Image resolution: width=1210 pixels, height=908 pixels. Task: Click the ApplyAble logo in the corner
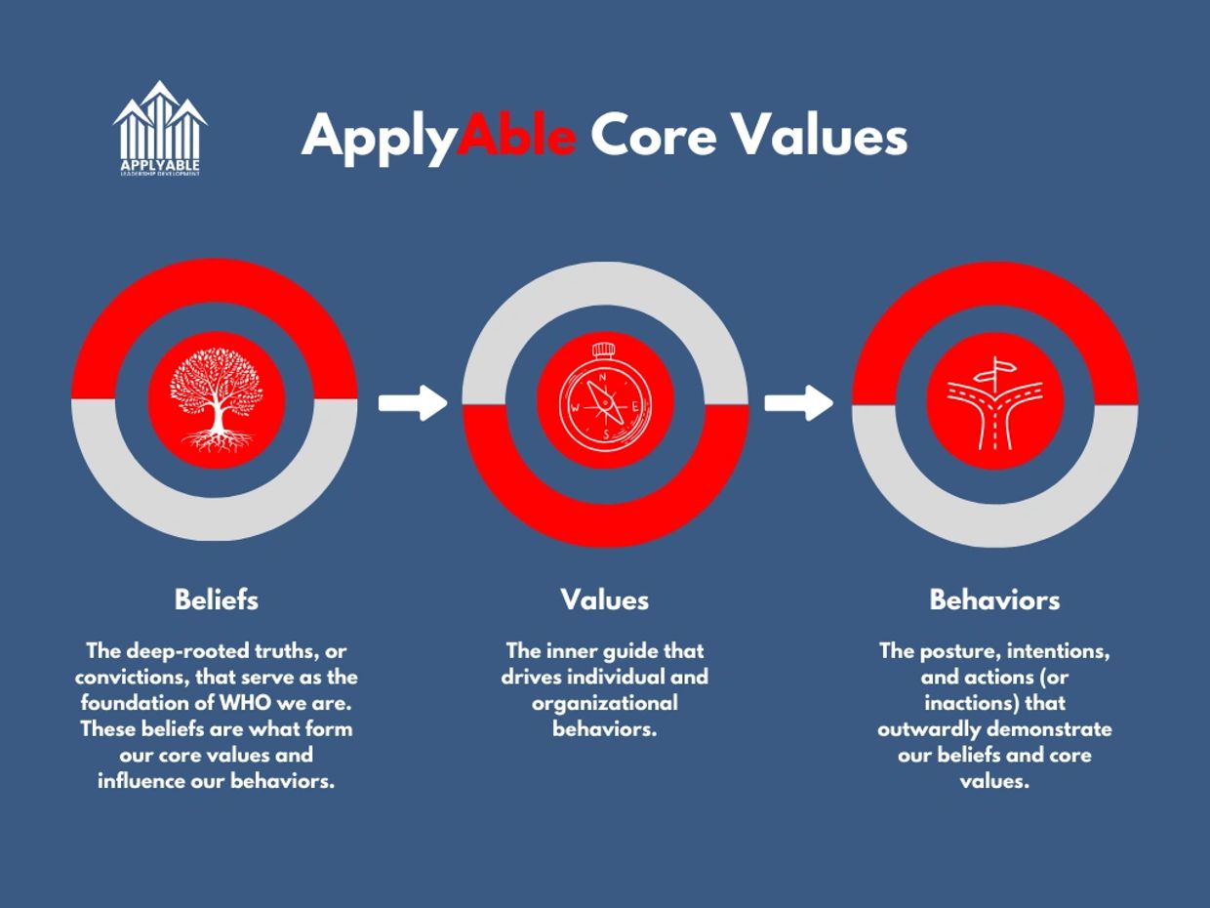160,129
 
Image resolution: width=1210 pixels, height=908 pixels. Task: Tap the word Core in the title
655,136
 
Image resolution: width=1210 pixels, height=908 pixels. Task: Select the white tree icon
217,399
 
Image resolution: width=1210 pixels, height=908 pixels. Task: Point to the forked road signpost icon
995,403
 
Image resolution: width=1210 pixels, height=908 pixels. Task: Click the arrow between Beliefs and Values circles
413,403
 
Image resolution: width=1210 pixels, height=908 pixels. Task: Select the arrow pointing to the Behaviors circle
799,403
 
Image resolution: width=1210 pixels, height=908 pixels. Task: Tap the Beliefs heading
217,599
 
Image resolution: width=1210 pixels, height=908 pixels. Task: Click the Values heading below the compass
605,599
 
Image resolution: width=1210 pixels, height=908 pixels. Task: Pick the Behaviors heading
994,599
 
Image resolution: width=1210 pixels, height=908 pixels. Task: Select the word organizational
605,704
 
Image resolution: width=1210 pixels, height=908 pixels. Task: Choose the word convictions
133,678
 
